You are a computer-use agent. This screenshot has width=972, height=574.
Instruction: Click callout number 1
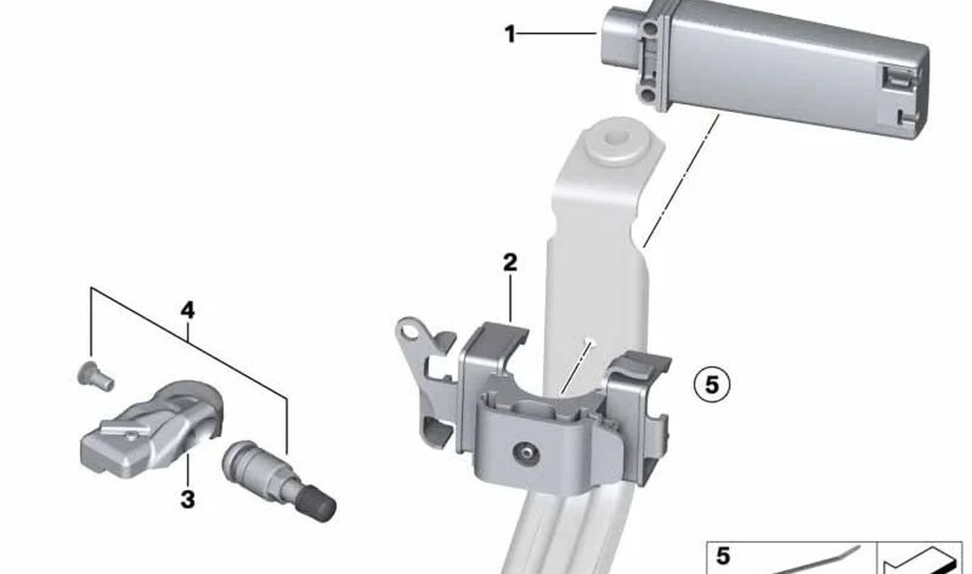pyautogui.click(x=510, y=34)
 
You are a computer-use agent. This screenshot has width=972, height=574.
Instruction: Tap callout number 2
pyautogui.click(x=510, y=262)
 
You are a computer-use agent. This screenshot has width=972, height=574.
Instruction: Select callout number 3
pyautogui.click(x=188, y=499)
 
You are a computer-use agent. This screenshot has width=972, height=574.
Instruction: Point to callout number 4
pyautogui.click(x=188, y=311)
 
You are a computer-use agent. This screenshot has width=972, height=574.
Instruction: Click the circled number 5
pyautogui.click(x=712, y=385)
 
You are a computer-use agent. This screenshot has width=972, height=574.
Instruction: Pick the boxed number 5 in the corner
pyautogui.click(x=723, y=556)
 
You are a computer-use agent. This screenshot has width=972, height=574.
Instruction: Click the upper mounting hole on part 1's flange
pyautogui.click(x=649, y=29)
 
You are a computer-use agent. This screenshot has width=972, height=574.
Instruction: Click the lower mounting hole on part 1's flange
pyautogui.click(x=648, y=95)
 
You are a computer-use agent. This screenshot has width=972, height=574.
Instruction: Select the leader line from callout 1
pyautogui.click(x=556, y=33)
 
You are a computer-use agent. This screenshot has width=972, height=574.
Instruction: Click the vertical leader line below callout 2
pyautogui.click(x=510, y=298)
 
